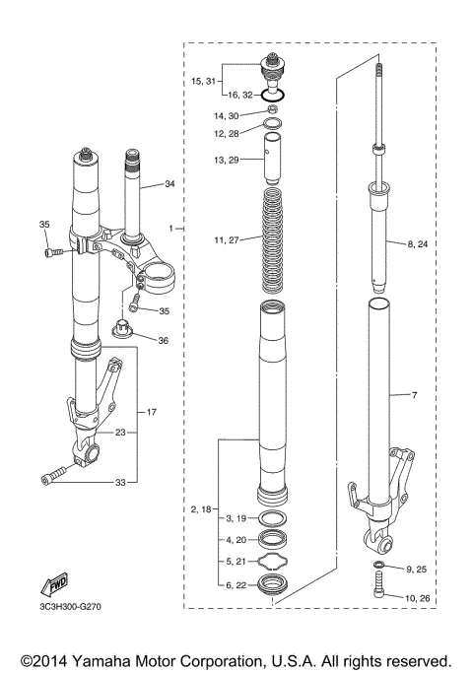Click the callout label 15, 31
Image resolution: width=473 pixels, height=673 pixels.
click(x=205, y=82)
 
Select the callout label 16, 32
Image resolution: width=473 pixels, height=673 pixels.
click(x=241, y=96)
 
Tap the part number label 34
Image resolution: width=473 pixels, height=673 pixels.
click(x=169, y=184)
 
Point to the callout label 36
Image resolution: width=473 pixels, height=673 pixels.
click(x=163, y=340)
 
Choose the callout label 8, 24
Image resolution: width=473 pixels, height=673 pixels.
click(x=418, y=243)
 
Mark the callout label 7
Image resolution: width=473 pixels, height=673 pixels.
click(x=414, y=395)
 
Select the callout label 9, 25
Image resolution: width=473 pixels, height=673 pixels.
click(x=419, y=570)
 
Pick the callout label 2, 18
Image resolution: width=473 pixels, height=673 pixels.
click(x=200, y=508)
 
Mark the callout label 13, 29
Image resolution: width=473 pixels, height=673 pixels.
click(x=228, y=159)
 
